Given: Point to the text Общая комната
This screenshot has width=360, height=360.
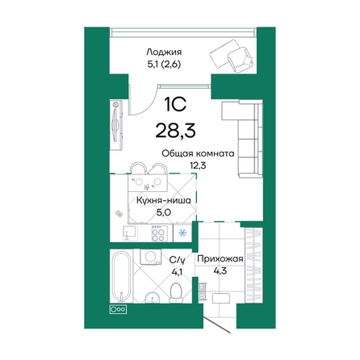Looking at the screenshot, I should click(x=197, y=153).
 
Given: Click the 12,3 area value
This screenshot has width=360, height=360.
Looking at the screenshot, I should click(x=197, y=166).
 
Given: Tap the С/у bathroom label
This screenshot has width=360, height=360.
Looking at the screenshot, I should click(x=178, y=259).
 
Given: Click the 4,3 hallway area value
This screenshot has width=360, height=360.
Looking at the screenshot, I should click(x=220, y=273).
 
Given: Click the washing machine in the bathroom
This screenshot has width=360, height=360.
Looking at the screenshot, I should click(x=148, y=257).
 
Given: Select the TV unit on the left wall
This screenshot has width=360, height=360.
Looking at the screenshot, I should click(x=117, y=121).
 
